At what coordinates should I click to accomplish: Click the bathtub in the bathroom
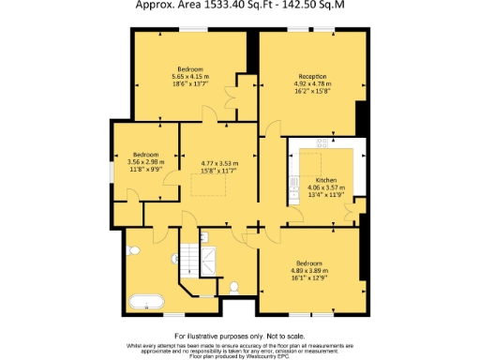(x=147, y=302)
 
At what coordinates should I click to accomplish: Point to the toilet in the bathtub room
(x=134, y=250)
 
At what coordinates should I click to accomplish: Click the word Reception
(x=313, y=76)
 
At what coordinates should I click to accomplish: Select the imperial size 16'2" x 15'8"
(x=313, y=92)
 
